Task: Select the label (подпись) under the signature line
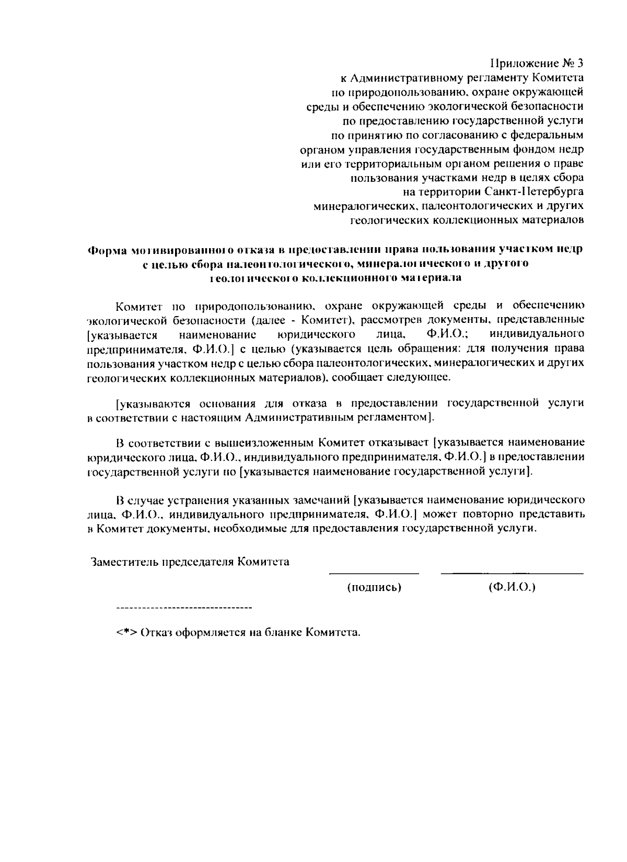pos(374,588)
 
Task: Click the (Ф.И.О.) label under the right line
pos(512,588)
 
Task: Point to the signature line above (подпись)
pos(374,574)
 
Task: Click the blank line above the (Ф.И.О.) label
pos(512,574)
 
